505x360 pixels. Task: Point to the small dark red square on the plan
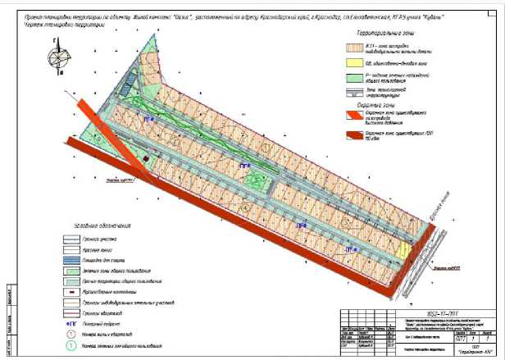147,158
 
